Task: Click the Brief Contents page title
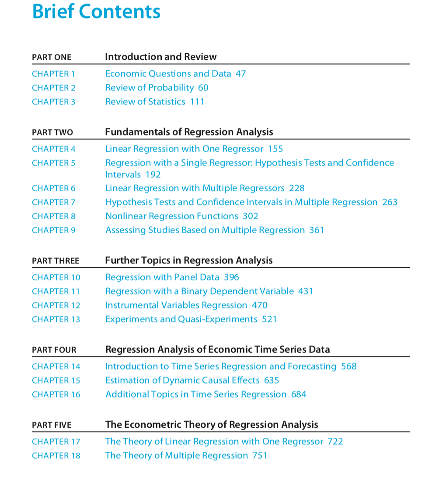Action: point(96,12)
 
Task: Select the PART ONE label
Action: point(52,57)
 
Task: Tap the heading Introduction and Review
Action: point(160,57)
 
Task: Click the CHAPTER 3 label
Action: point(53,102)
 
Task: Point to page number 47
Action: point(240,74)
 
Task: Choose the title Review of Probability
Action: point(149,88)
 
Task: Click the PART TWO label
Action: point(52,132)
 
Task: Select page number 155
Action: point(275,149)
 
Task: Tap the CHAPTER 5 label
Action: point(53,163)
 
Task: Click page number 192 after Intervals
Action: point(153,175)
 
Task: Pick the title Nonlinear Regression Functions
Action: point(171,216)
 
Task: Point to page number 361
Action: point(317,230)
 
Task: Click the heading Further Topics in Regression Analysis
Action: point(188,261)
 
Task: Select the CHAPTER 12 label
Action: point(56,305)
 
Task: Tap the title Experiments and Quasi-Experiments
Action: point(181,319)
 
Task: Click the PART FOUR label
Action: point(54,350)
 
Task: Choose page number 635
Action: point(272,380)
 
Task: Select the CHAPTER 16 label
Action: point(56,394)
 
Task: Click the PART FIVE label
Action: point(52,425)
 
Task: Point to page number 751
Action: point(260,456)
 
